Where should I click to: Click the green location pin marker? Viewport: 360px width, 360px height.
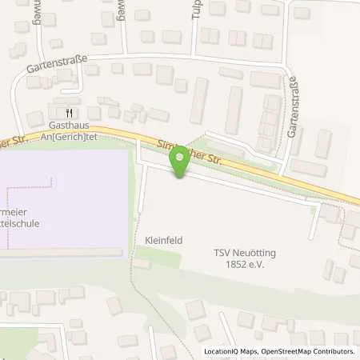[x=180, y=161]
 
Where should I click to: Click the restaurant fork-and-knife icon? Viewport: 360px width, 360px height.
[x=70, y=113]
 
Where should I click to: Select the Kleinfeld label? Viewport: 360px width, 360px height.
[x=160, y=238]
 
